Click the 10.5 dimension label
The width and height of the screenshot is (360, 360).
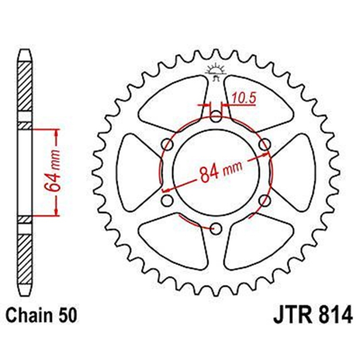pyautogui.click(x=244, y=98)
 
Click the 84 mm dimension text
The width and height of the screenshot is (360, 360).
pyautogui.click(x=221, y=172)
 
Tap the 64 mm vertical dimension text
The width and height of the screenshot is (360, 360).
pyautogui.click(x=53, y=172)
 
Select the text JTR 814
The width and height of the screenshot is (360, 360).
pyautogui.click(x=313, y=314)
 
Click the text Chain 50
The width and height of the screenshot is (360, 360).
pyautogui.click(x=41, y=315)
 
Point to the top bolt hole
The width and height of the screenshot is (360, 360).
pyautogui.click(x=216, y=116)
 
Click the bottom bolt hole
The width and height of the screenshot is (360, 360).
pyautogui.click(x=216, y=228)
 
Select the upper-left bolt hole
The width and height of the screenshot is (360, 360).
pyautogui.click(x=168, y=145)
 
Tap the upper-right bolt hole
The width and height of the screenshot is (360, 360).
pyautogui.click(x=264, y=145)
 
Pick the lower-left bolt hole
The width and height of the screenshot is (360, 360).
pyautogui.click(x=167, y=201)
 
